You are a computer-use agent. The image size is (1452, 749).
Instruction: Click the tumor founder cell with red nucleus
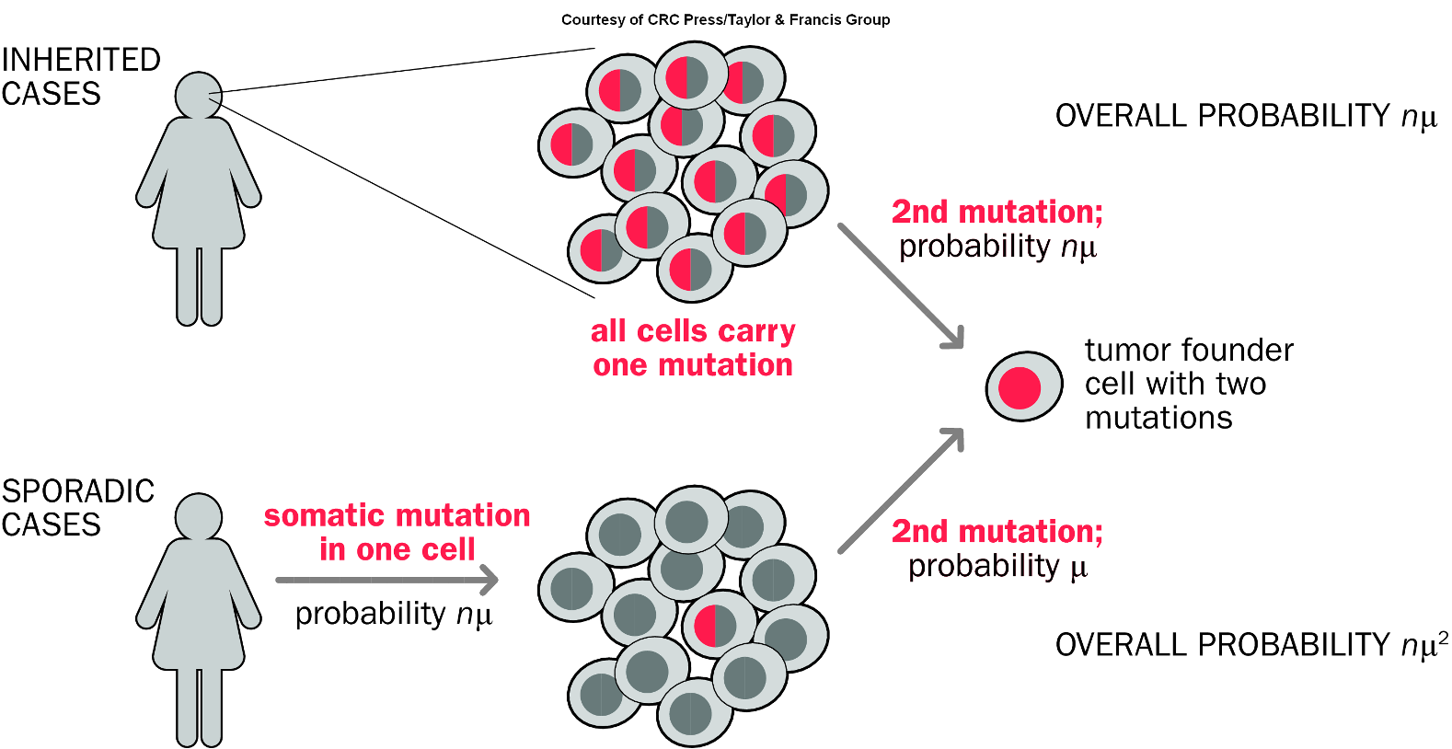(1023, 386)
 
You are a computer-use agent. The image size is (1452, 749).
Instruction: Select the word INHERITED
(81, 60)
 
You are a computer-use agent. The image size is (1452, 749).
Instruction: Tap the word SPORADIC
(78, 490)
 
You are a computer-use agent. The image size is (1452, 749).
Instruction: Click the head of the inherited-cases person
(199, 95)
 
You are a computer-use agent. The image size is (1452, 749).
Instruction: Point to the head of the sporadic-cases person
(199, 516)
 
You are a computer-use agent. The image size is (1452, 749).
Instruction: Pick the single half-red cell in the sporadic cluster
(719, 625)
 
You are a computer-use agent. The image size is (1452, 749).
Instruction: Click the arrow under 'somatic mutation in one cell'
(386, 580)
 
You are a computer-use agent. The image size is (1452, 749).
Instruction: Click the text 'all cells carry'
(693, 330)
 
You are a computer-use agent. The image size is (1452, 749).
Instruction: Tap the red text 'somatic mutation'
(397, 515)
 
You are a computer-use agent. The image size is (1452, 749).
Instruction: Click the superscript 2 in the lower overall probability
(1443, 637)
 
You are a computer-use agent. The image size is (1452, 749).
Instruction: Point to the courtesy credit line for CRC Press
(725, 19)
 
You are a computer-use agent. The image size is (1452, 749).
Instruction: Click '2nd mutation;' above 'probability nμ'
(997, 212)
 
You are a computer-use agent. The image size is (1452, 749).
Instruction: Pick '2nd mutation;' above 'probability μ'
(997, 531)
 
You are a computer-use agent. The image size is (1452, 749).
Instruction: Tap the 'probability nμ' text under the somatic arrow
(394, 614)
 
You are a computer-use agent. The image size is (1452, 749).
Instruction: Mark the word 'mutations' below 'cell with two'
(1158, 418)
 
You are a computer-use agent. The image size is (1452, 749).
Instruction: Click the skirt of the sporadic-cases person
(199, 626)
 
